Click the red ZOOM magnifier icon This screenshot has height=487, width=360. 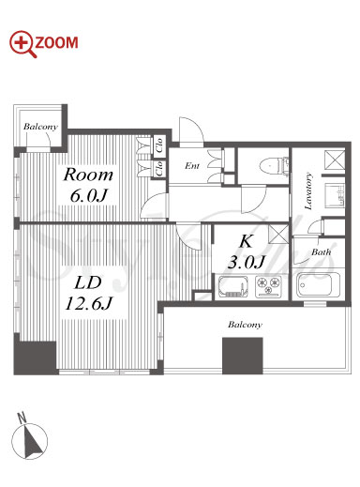click(22, 44)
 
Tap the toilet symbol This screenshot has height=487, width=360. click(274, 165)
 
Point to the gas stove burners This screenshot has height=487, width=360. click(268, 286)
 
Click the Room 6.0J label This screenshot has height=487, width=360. click(88, 185)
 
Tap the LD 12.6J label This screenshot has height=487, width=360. click(88, 293)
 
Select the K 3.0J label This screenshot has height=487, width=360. click(247, 252)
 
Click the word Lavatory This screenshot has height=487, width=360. click(308, 191)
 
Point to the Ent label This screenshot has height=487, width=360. click(192, 166)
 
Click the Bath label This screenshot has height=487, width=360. click(321, 251)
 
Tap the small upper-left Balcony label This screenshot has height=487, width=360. click(40, 127)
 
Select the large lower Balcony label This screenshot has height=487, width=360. click(245, 325)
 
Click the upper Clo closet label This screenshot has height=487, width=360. click(159, 145)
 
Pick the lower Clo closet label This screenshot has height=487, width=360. click(159, 168)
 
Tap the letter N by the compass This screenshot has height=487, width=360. click(22, 418)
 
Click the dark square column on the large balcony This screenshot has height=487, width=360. click(242, 356)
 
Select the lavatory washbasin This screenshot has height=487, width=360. click(335, 195)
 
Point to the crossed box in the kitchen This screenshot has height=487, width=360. click(277, 234)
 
